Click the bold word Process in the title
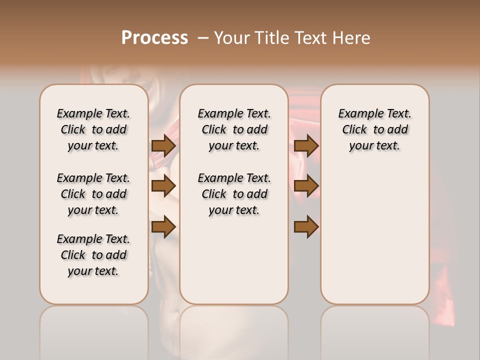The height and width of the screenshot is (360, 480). point(154,38)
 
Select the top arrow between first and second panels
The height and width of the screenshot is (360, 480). point(163,145)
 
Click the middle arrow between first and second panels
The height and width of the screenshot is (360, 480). point(163,186)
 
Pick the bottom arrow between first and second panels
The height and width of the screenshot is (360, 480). point(163,226)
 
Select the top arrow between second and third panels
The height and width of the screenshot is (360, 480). point(306,145)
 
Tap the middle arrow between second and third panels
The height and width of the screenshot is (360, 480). point(306,186)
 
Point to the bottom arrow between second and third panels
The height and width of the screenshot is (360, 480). point(306,226)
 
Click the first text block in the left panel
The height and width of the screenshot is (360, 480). point(93,129)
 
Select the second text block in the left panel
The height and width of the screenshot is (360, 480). point(93,194)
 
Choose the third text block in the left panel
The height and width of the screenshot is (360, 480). point(93,255)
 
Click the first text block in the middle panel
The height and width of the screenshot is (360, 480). point(234,129)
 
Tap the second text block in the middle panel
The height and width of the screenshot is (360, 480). point(234,194)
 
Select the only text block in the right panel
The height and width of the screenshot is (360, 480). point(374,129)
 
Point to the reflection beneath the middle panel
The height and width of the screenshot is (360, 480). point(234,330)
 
